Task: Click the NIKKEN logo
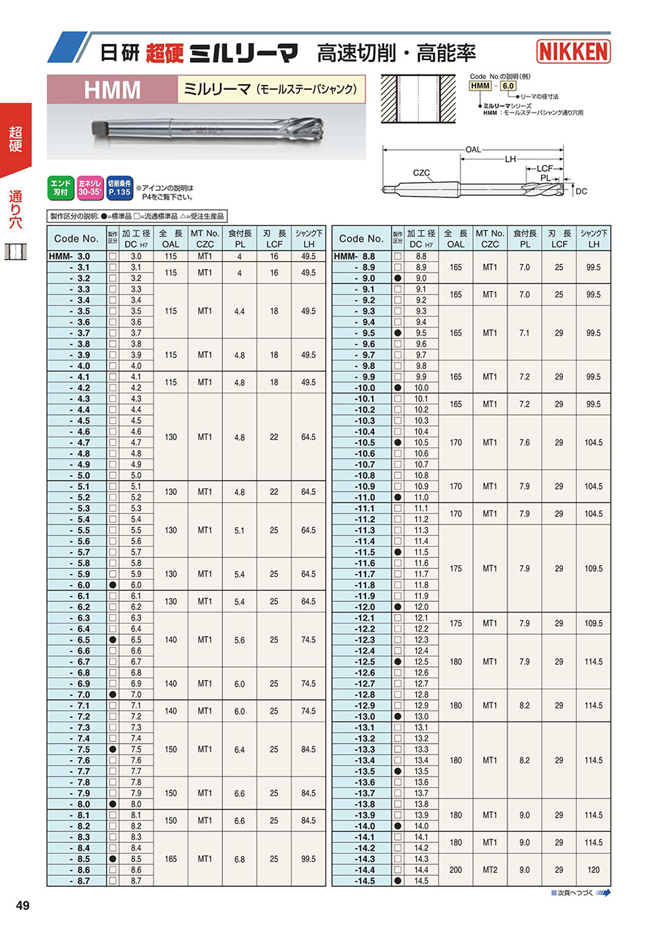point(574,51)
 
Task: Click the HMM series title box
point(113,90)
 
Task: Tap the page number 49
point(23,906)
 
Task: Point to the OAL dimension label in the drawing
point(473,150)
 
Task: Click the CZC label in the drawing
point(420,173)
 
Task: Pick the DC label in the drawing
point(581,191)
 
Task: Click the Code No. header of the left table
point(76,238)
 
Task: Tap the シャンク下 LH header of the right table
point(593,238)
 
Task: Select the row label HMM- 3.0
point(70,257)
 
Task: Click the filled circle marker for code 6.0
point(113,586)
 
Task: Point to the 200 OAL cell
point(455,870)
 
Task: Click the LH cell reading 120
point(593,870)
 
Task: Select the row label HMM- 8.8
point(355,257)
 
